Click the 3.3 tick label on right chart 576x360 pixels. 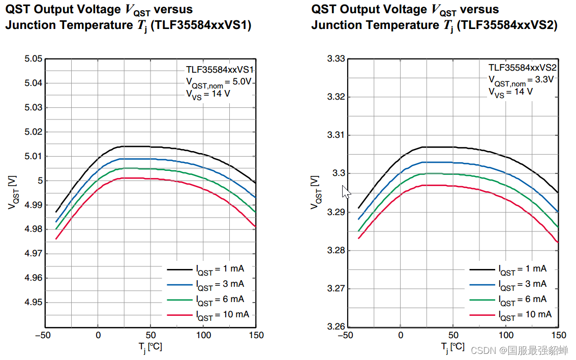[339, 173]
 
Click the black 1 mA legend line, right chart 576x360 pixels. [482, 269]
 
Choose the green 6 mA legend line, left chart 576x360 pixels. [179, 300]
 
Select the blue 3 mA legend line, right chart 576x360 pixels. [482, 285]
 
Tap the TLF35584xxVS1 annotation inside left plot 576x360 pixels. [219, 70]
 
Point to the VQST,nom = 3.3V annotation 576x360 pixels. [521, 80]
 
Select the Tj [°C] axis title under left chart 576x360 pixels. [150, 347]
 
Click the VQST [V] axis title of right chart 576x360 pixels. [315, 192]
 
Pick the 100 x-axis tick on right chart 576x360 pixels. [506, 335]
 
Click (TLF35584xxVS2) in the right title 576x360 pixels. [507, 25]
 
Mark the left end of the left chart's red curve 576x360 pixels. [56, 238]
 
